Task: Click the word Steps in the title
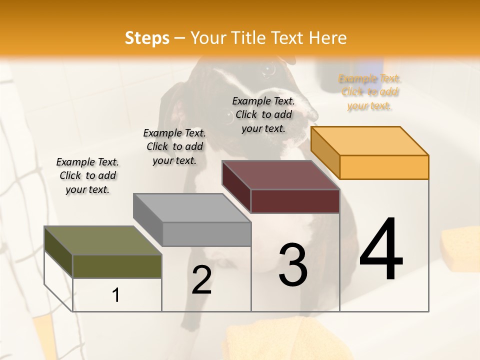click(x=147, y=38)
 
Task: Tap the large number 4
click(x=381, y=249)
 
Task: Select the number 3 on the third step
click(x=293, y=265)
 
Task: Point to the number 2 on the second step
click(x=202, y=280)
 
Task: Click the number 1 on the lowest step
click(x=116, y=295)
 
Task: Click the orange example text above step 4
click(x=369, y=92)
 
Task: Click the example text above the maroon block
click(x=263, y=114)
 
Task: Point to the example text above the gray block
click(x=174, y=146)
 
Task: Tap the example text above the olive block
click(x=87, y=175)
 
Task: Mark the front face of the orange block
click(x=384, y=167)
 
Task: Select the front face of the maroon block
click(x=295, y=201)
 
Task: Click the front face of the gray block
click(x=206, y=234)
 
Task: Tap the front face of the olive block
click(x=117, y=266)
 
